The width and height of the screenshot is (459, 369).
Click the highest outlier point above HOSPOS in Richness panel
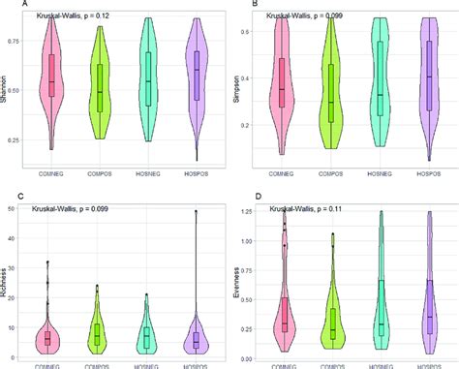coord(197,212)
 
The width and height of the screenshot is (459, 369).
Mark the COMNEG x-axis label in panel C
coord(53,362)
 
